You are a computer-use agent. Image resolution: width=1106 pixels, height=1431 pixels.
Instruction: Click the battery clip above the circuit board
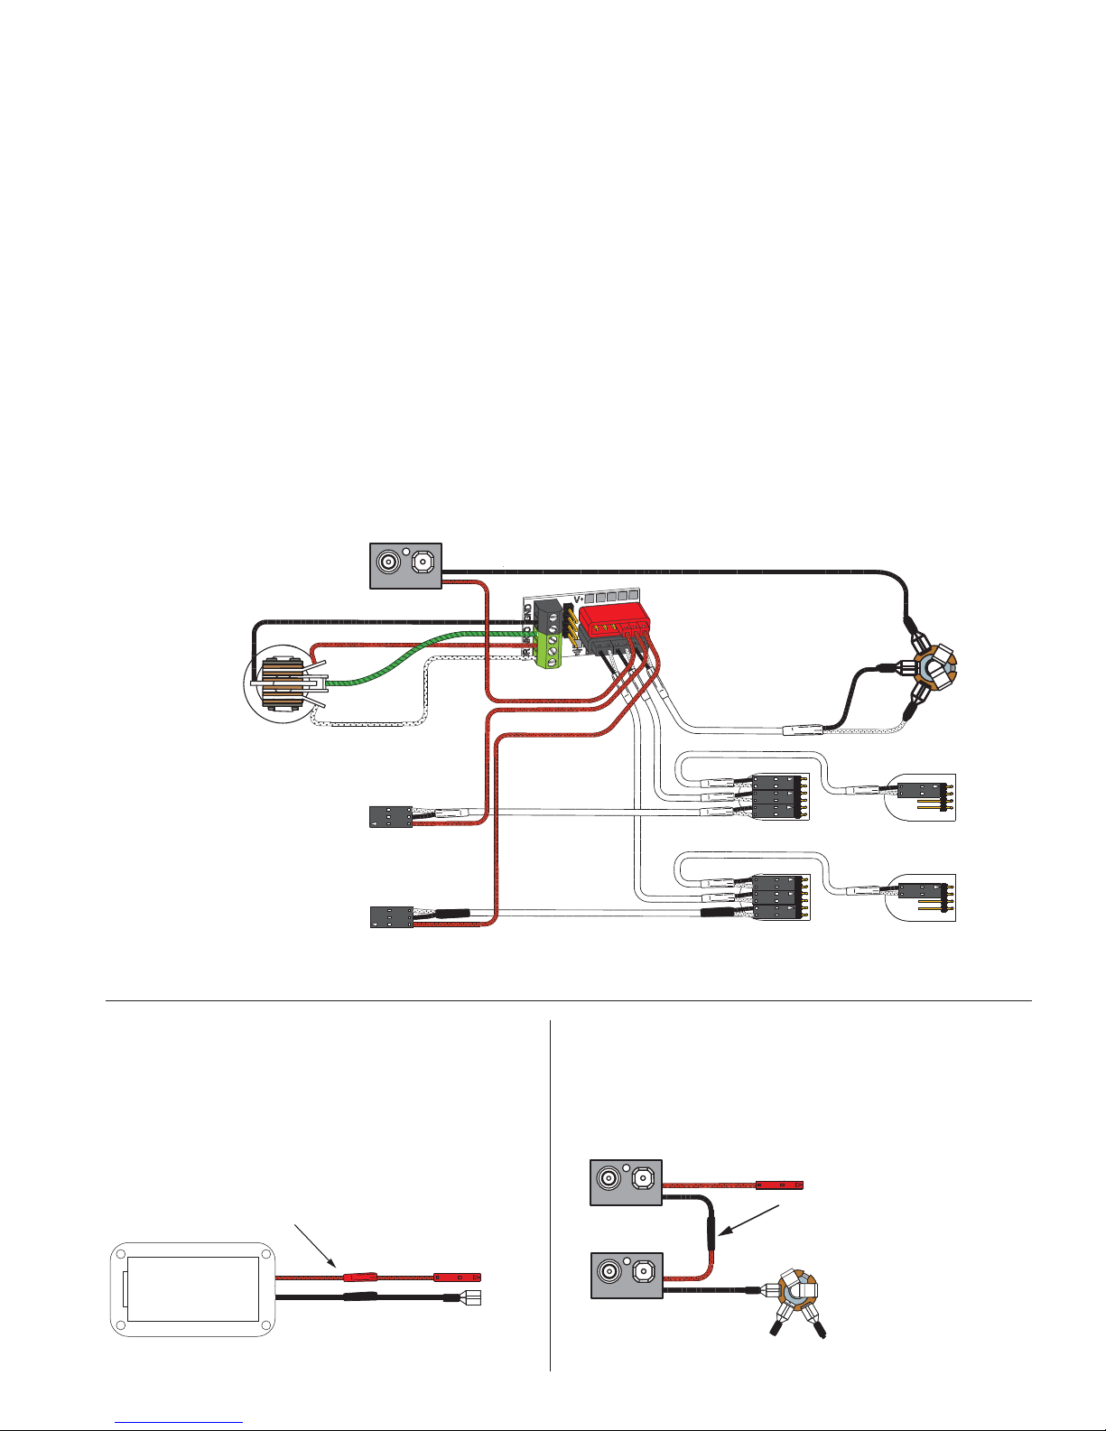coord(405,565)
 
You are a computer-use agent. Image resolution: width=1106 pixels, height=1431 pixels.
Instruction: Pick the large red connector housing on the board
coord(614,623)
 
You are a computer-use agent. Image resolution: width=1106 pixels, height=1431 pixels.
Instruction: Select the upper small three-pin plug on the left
coord(391,817)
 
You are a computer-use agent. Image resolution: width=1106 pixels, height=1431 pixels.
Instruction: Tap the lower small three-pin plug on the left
coord(391,916)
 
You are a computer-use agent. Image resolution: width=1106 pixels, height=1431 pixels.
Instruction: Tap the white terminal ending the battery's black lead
coord(470,1298)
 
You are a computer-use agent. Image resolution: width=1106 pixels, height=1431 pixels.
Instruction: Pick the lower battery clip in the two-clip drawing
coord(627,1275)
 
